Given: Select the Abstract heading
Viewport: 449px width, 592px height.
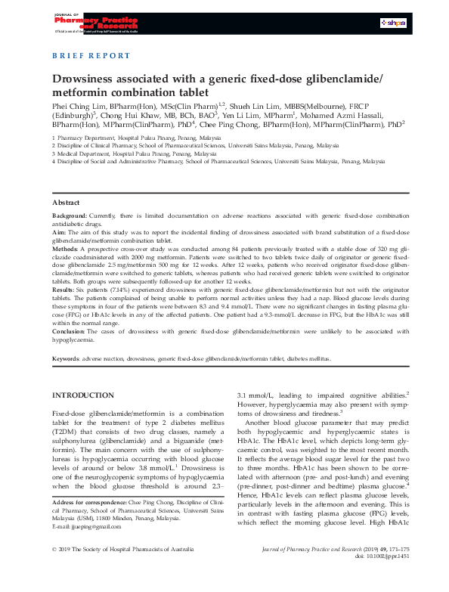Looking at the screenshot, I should [x=65, y=203].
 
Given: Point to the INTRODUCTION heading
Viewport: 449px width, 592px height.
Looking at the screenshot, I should [x=82, y=395].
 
